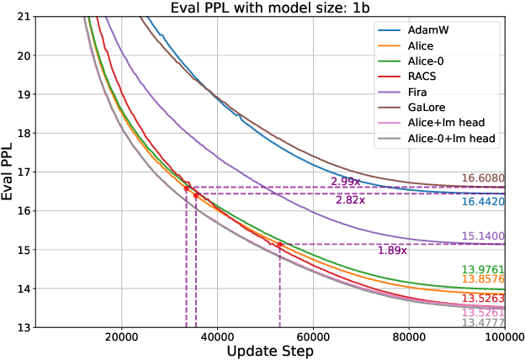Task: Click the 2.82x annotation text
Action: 350,200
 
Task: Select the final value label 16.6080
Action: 482,179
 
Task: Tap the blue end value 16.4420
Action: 482,203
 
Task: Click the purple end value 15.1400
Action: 482,236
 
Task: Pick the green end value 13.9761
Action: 482,269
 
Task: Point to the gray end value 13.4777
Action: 482,322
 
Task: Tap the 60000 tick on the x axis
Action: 313,338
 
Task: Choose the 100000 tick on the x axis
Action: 503,338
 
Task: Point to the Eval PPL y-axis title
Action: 8,172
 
